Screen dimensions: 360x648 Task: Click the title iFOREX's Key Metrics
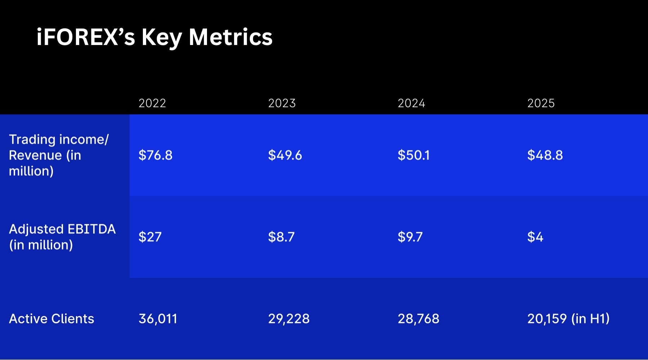point(154,37)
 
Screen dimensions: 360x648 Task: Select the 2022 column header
point(152,103)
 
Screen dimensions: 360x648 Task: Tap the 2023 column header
point(282,103)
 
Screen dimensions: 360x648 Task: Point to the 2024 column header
point(411,103)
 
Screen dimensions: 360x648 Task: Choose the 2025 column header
point(541,103)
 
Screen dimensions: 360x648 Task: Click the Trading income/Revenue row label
point(58,155)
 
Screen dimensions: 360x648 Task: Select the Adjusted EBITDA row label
point(62,237)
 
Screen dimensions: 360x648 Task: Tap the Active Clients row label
point(51,319)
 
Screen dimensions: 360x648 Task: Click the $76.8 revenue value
point(156,155)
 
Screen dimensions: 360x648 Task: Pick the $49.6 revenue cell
point(285,155)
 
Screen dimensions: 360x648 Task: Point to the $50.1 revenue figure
point(414,155)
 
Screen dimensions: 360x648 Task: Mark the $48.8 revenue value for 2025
point(545,155)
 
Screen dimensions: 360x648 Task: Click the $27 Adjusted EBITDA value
point(150,237)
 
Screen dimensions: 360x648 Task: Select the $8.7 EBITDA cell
point(282,237)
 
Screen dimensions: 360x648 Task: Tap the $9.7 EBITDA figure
point(410,237)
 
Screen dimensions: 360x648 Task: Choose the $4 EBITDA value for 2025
point(535,237)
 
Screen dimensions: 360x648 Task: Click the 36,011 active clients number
point(158,319)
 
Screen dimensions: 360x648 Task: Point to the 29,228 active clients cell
point(289,319)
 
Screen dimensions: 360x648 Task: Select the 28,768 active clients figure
point(418,319)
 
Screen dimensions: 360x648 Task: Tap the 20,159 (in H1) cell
point(568,319)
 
